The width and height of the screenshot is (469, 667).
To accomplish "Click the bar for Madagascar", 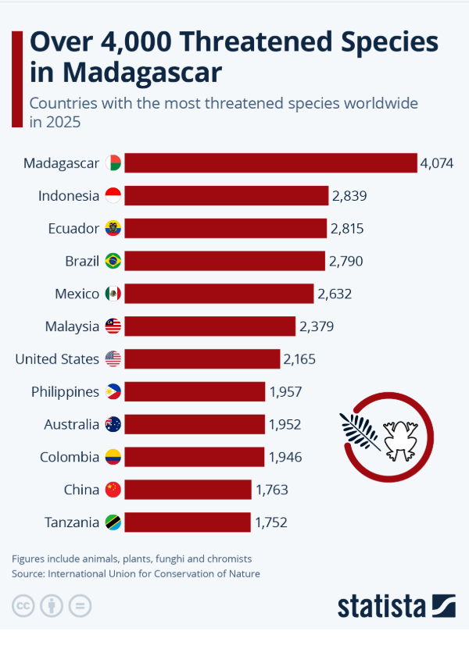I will tap(270, 162).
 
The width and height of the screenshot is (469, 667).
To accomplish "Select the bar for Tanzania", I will tap(188, 522).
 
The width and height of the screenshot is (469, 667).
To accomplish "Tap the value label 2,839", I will tap(349, 195).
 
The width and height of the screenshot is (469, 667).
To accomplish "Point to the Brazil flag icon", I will tap(113, 261).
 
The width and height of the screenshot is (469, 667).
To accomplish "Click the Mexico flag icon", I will tap(113, 294).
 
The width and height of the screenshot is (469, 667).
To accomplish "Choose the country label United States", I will tap(57, 359).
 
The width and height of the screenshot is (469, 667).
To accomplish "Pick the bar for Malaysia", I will tap(210, 326).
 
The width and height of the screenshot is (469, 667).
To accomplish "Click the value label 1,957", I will tap(285, 392).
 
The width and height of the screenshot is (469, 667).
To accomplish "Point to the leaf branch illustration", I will tap(360, 432).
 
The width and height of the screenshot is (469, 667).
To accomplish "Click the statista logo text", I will tap(381, 606).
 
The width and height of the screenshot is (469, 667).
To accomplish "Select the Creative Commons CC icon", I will tap(23, 605).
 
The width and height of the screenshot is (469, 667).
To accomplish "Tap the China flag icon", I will tap(113, 490).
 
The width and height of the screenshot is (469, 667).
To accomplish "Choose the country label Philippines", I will tap(65, 392).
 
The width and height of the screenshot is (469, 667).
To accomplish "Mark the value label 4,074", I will tap(437, 163).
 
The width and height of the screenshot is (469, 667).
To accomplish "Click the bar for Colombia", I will tap(195, 457).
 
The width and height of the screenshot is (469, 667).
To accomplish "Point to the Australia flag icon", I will tap(113, 424).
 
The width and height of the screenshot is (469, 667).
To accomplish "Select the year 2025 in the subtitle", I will tap(63, 122).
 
